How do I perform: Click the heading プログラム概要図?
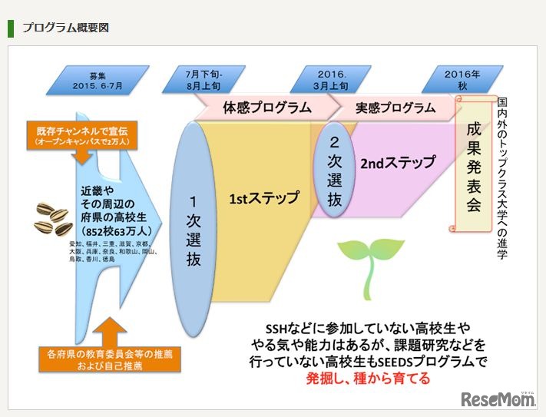tap(66, 28)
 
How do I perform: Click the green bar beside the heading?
tap(11, 28)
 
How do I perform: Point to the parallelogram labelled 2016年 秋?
tap(462, 80)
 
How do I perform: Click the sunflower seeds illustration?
tap(53, 217)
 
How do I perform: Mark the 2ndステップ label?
tap(397, 164)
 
